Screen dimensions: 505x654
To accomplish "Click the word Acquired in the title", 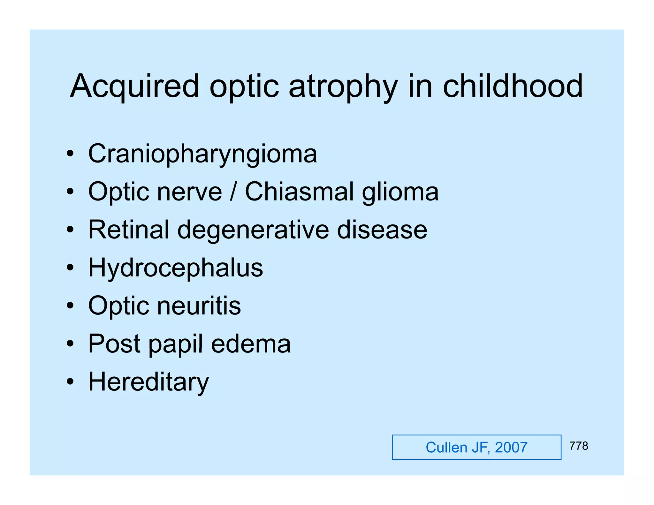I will tap(134, 86).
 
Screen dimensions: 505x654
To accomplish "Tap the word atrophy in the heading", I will tap(343, 86).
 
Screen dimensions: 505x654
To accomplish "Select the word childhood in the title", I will tap(513, 86).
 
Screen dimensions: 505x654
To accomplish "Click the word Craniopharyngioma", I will tap(202, 154).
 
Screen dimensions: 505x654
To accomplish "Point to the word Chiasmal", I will tap(299, 192).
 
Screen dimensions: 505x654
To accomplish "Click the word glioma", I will tap(400, 192).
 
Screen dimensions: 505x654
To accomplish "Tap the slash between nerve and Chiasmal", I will tap(233, 192).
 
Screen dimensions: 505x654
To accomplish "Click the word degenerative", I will tap(253, 230).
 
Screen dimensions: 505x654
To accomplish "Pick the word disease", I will tap(382, 230).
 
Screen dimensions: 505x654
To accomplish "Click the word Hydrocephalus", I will tap(176, 268).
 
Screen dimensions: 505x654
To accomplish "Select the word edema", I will tap(251, 344).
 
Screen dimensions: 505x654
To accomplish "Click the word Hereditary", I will tap(148, 382).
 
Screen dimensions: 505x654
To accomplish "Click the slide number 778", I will tap(578, 446).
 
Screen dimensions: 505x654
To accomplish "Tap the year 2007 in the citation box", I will tap(511, 448).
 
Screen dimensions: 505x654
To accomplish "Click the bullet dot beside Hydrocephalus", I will tap(70, 268).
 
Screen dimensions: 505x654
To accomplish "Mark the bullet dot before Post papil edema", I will tap(70, 344).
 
